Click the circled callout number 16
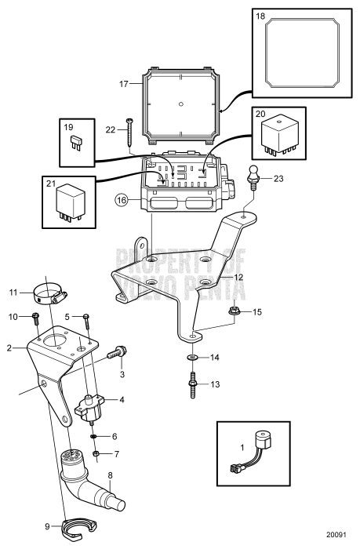[121, 201]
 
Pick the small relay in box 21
[70, 202]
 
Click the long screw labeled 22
[129, 133]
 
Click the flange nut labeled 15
[234, 311]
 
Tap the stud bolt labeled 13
[193, 385]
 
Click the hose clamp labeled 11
[49, 294]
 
